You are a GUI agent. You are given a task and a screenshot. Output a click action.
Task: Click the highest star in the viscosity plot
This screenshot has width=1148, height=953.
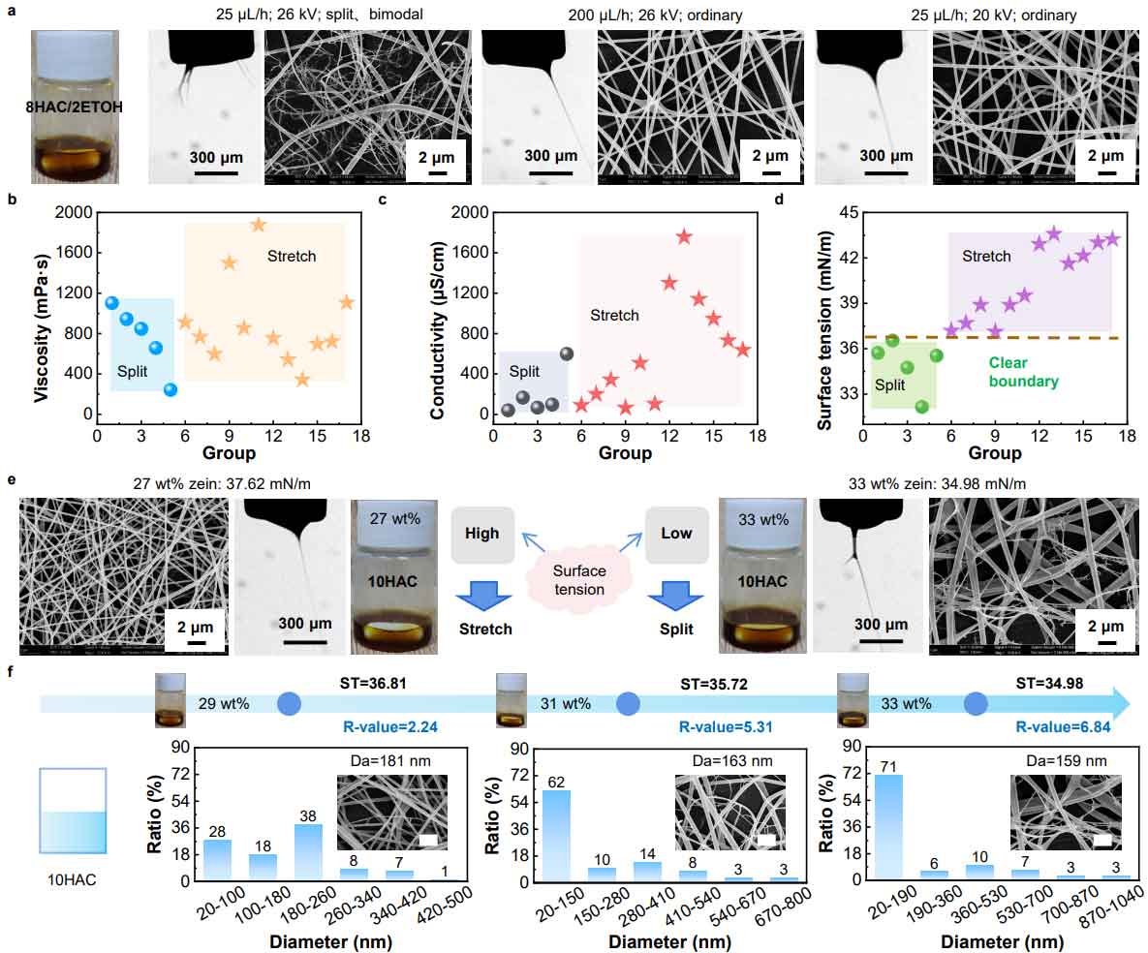tap(258, 225)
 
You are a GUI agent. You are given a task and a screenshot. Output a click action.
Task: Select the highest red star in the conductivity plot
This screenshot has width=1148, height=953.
tap(684, 236)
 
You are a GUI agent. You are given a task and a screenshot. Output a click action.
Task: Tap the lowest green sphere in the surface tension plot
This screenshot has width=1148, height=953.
tap(921, 407)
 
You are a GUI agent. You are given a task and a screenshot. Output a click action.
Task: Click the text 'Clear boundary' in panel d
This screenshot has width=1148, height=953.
tap(1023, 372)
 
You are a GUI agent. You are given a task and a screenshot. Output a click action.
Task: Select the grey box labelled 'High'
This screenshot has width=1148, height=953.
tap(481, 534)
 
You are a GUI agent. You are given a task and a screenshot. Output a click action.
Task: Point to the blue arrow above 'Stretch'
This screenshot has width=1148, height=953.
tap(481, 592)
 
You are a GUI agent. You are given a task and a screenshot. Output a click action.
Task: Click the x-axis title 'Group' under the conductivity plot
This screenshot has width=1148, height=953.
tap(625, 452)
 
